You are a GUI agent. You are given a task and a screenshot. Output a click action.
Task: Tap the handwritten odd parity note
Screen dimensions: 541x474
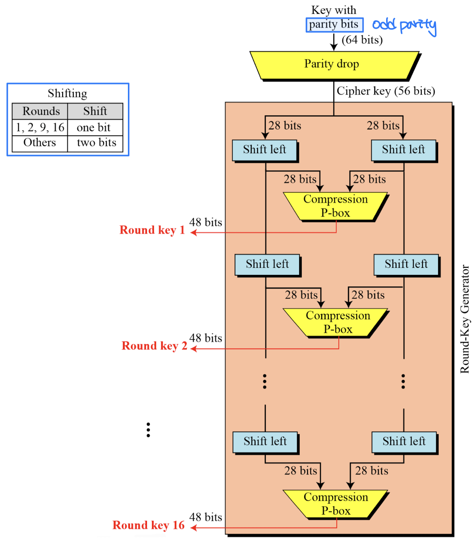pyautogui.click(x=404, y=26)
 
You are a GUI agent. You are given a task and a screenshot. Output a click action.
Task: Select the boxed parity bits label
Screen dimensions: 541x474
pyautogui.click(x=334, y=25)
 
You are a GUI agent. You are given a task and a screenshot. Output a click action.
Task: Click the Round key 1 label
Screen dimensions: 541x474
pyautogui.click(x=152, y=230)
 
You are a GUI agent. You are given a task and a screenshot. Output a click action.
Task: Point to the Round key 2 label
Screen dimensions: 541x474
pyautogui.click(x=154, y=346)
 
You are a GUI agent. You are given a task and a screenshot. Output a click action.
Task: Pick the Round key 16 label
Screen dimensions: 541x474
pyautogui.click(x=148, y=525)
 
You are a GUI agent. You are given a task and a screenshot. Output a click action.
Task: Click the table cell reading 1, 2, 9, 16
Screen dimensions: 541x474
pyautogui.click(x=40, y=127)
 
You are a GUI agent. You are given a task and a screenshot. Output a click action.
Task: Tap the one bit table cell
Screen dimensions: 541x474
pyautogui.click(x=94, y=127)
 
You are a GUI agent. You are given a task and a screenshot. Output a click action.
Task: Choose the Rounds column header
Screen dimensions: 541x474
pyautogui.click(x=41, y=111)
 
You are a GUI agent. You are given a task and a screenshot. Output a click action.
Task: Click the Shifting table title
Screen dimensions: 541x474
pyautogui.click(x=67, y=94)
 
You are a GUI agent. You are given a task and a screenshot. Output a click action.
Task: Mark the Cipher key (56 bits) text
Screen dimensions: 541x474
pyautogui.click(x=386, y=91)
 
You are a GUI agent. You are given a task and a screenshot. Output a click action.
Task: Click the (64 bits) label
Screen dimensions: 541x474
pyautogui.click(x=362, y=40)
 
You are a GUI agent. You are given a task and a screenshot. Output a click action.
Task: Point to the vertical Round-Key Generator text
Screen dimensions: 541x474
pyautogui.click(x=465, y=319)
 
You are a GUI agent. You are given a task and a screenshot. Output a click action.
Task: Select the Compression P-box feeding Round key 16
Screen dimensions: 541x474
pyautogui.click(x=336, y=504)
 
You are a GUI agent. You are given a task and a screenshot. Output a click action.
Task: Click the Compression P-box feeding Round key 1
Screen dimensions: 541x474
pyautogui.click(x=335, y=206)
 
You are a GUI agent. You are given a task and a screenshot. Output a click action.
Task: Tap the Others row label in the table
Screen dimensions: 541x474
pyautogui.click(x=40, y=143)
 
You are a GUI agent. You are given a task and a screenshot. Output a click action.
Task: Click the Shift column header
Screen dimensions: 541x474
pyautogui.click(x=95, y=111)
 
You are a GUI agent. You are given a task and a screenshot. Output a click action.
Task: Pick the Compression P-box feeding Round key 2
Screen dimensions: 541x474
pyautogui.click(x=338, y=322)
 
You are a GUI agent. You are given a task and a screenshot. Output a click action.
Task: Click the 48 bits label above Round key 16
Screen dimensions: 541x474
pyautogui.click(x=206, y=517)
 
